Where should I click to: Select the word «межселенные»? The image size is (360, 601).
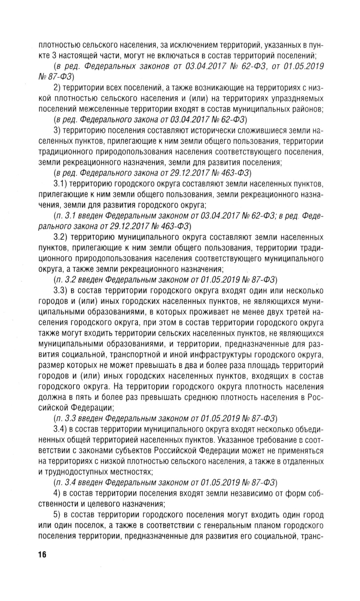click(x=112, y=109)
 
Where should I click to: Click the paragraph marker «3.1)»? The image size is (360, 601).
click(x=60, y=185)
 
